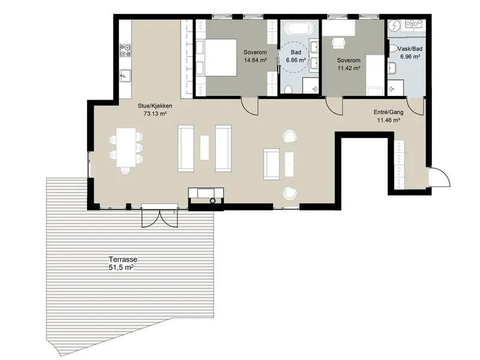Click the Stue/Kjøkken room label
(155, 106)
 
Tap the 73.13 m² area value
(155, 114)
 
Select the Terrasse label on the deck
(123, 259)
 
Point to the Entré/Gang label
(388, 112)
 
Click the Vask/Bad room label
(410, 49)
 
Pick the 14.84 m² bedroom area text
(255, 60)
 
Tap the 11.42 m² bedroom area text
(349, 68)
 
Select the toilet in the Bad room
(288, 89)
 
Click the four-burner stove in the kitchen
(125, 50)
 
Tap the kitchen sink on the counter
(125, 76)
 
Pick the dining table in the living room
(126, 147)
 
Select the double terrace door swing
(160, 218)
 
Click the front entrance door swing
(440, 176)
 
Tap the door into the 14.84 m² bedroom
(250, 106)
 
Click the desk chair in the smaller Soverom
(338, 43)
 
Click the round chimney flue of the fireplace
(212, 201)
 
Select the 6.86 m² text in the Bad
(296, 60)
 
